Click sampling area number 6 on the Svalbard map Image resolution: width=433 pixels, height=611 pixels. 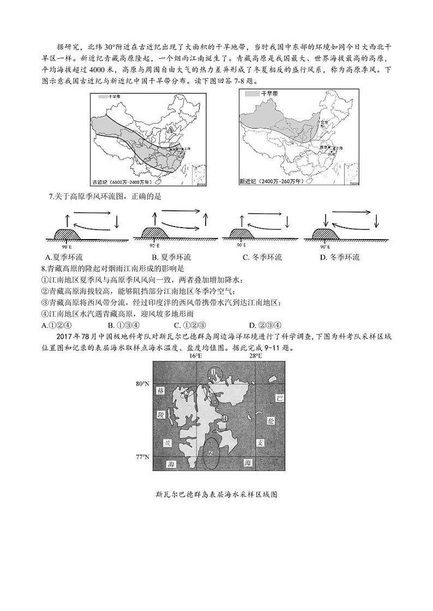click(x=211, y=453)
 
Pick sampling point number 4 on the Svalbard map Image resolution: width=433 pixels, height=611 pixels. click(x=224, y=418)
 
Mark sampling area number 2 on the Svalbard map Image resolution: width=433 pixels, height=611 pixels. click(x=187, y=393)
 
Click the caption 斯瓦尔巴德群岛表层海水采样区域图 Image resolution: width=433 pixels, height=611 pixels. click(x=216, y=495)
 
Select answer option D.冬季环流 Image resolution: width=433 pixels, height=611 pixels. click(x=340, y=257)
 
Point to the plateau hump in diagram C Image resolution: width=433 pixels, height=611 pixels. click(x=237, y=233)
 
